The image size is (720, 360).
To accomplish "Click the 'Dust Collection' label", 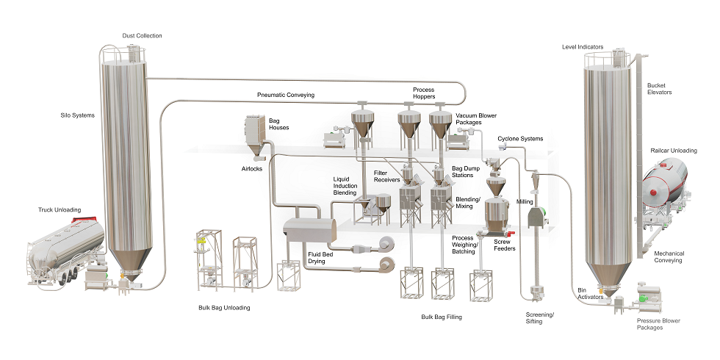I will [x=142, y=35].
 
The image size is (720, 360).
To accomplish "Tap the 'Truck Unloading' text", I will [x=60, y=209].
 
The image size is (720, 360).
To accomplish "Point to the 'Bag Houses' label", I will [x=278, y=123].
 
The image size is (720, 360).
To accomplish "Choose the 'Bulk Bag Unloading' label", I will [x=224, y=308].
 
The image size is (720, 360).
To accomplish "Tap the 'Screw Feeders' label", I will [x=504, y=245].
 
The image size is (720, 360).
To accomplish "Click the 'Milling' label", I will [x=525, y=201].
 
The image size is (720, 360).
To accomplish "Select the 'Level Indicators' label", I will [x=582, y=46].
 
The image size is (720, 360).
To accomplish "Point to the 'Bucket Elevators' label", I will [x=659, y=89].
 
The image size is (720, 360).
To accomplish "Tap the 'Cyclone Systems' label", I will [x=520, y=138].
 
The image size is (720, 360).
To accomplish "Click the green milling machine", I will [x=539, y=217].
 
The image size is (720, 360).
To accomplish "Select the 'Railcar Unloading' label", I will [x=674, y=150].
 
